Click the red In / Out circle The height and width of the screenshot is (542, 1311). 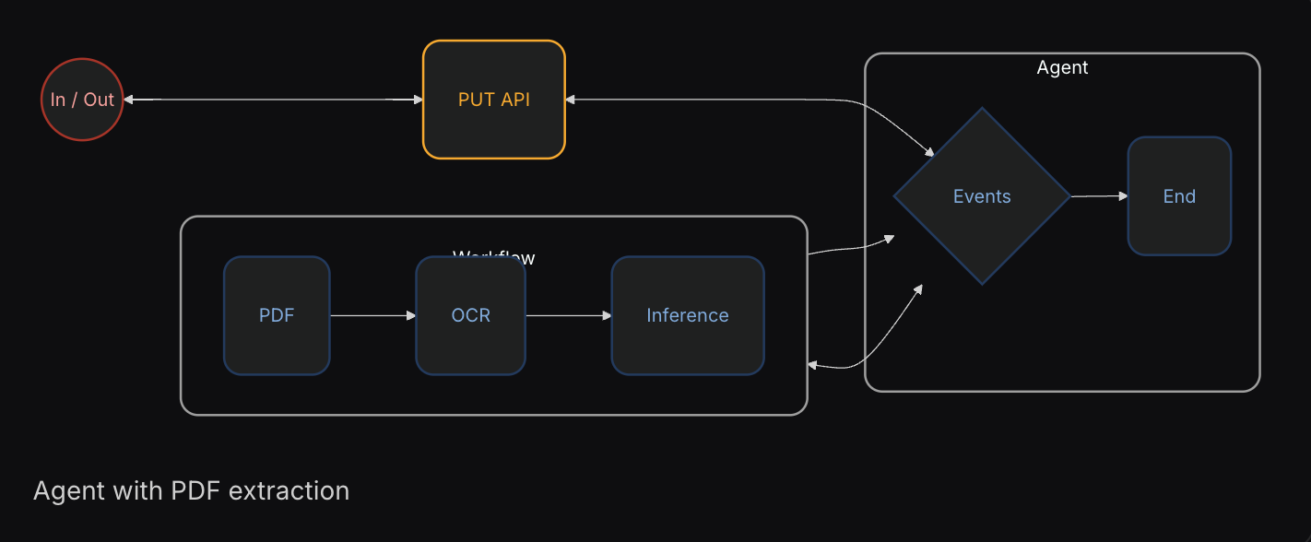[82, 100]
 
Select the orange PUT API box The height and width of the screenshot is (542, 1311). [493, 100]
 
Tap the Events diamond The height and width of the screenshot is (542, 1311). [982, 196]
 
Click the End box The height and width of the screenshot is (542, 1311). [1179, 196]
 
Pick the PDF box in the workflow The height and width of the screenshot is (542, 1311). [277, 315]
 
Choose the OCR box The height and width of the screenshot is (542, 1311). [470, 315]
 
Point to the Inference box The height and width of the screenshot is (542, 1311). [688, 315]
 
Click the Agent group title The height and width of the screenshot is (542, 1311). [1062, 67]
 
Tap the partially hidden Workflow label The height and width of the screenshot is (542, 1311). [494, 257]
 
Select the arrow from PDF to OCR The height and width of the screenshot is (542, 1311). [372, 315]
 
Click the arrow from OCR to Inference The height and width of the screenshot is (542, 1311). [568, 315]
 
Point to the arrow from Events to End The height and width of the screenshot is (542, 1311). [1098, 196]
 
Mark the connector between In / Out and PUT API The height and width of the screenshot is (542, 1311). [273, 100]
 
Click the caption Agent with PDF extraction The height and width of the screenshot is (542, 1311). [191, 490]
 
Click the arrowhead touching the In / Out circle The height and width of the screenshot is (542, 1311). [129, 100]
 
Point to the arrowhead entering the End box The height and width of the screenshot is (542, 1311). [1123, 196]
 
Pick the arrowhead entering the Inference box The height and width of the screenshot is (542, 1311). [607, 315]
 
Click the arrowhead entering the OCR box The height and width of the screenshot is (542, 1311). [411, 315]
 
